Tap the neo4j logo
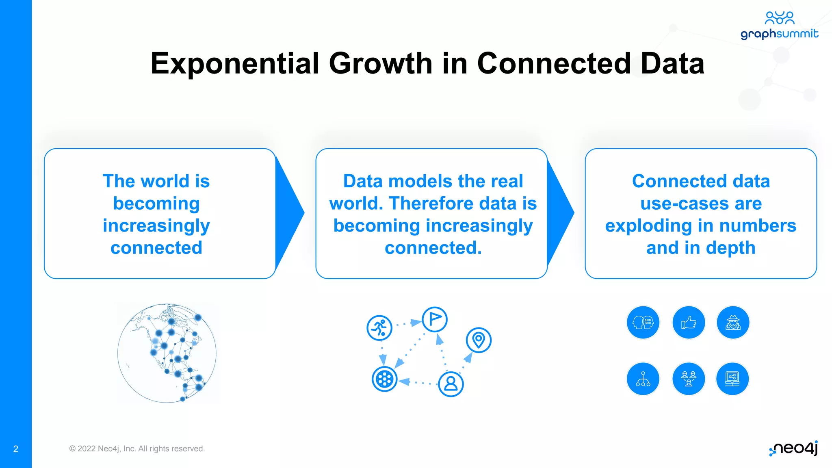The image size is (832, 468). coord(793,448)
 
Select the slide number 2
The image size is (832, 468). coord(16,449)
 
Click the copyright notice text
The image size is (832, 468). coord(137,448)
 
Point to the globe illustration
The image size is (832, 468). coord(167,353)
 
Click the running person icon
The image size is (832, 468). coord(379,327)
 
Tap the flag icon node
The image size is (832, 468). coord(435,319)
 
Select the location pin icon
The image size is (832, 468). coord(479,340)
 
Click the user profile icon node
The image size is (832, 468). coord(451,383)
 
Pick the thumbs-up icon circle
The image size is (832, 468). coord(689,323)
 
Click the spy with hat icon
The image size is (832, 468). coord(733,323)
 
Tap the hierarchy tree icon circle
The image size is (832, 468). coord(643,379)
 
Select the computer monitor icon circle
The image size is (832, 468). coord(732,379)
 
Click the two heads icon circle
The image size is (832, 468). coord(643,323)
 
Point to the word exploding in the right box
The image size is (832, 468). coord(645,226)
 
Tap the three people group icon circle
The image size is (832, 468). coord(689,379)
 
